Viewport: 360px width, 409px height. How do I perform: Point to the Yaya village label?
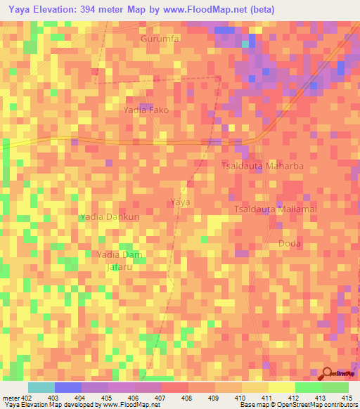[x=181, y=202]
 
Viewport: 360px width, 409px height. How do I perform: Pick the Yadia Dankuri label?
[x=110, y=217]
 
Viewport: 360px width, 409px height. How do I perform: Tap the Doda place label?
[x=290, y=243]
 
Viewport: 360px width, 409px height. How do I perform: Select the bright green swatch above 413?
[x=308, y=387]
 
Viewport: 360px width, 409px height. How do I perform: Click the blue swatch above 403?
[x=67, y=387]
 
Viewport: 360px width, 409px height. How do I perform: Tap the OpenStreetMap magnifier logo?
[x=327, y=374]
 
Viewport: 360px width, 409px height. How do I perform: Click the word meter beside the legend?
[x=10, y=398]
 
